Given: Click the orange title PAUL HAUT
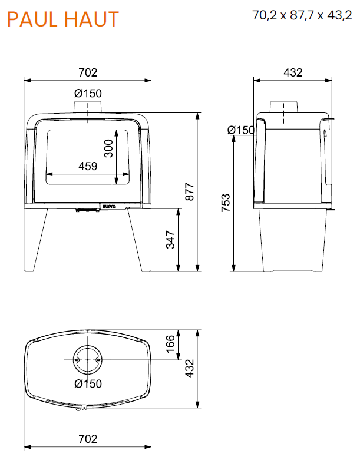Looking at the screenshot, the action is pos(63,19).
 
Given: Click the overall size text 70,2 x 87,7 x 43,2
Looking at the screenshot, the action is pos(302,15).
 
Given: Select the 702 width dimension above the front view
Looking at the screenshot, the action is pos(88,72).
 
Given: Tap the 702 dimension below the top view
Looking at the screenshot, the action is pos(88,439).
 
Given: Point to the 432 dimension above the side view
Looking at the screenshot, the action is pos(293,72).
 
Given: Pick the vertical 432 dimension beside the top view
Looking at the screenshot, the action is pos(190,369).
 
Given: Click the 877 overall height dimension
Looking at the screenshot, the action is pos(190,191).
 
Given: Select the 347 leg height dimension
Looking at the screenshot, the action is pos(170,240).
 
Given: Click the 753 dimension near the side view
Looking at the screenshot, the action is pos(226,203).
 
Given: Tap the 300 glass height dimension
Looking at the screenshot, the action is pos(108,148).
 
